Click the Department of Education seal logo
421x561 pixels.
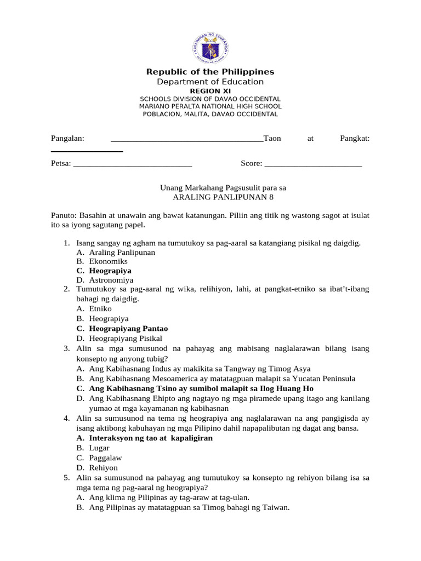[210, 48]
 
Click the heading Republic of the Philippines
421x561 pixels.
[210, 72]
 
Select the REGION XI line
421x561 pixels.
[210, 90]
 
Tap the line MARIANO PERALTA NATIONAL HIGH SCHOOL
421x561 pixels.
[210, 106]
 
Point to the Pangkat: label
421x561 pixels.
[355, 139]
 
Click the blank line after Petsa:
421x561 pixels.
[132, 163]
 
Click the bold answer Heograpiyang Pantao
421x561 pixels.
[128, 329]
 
